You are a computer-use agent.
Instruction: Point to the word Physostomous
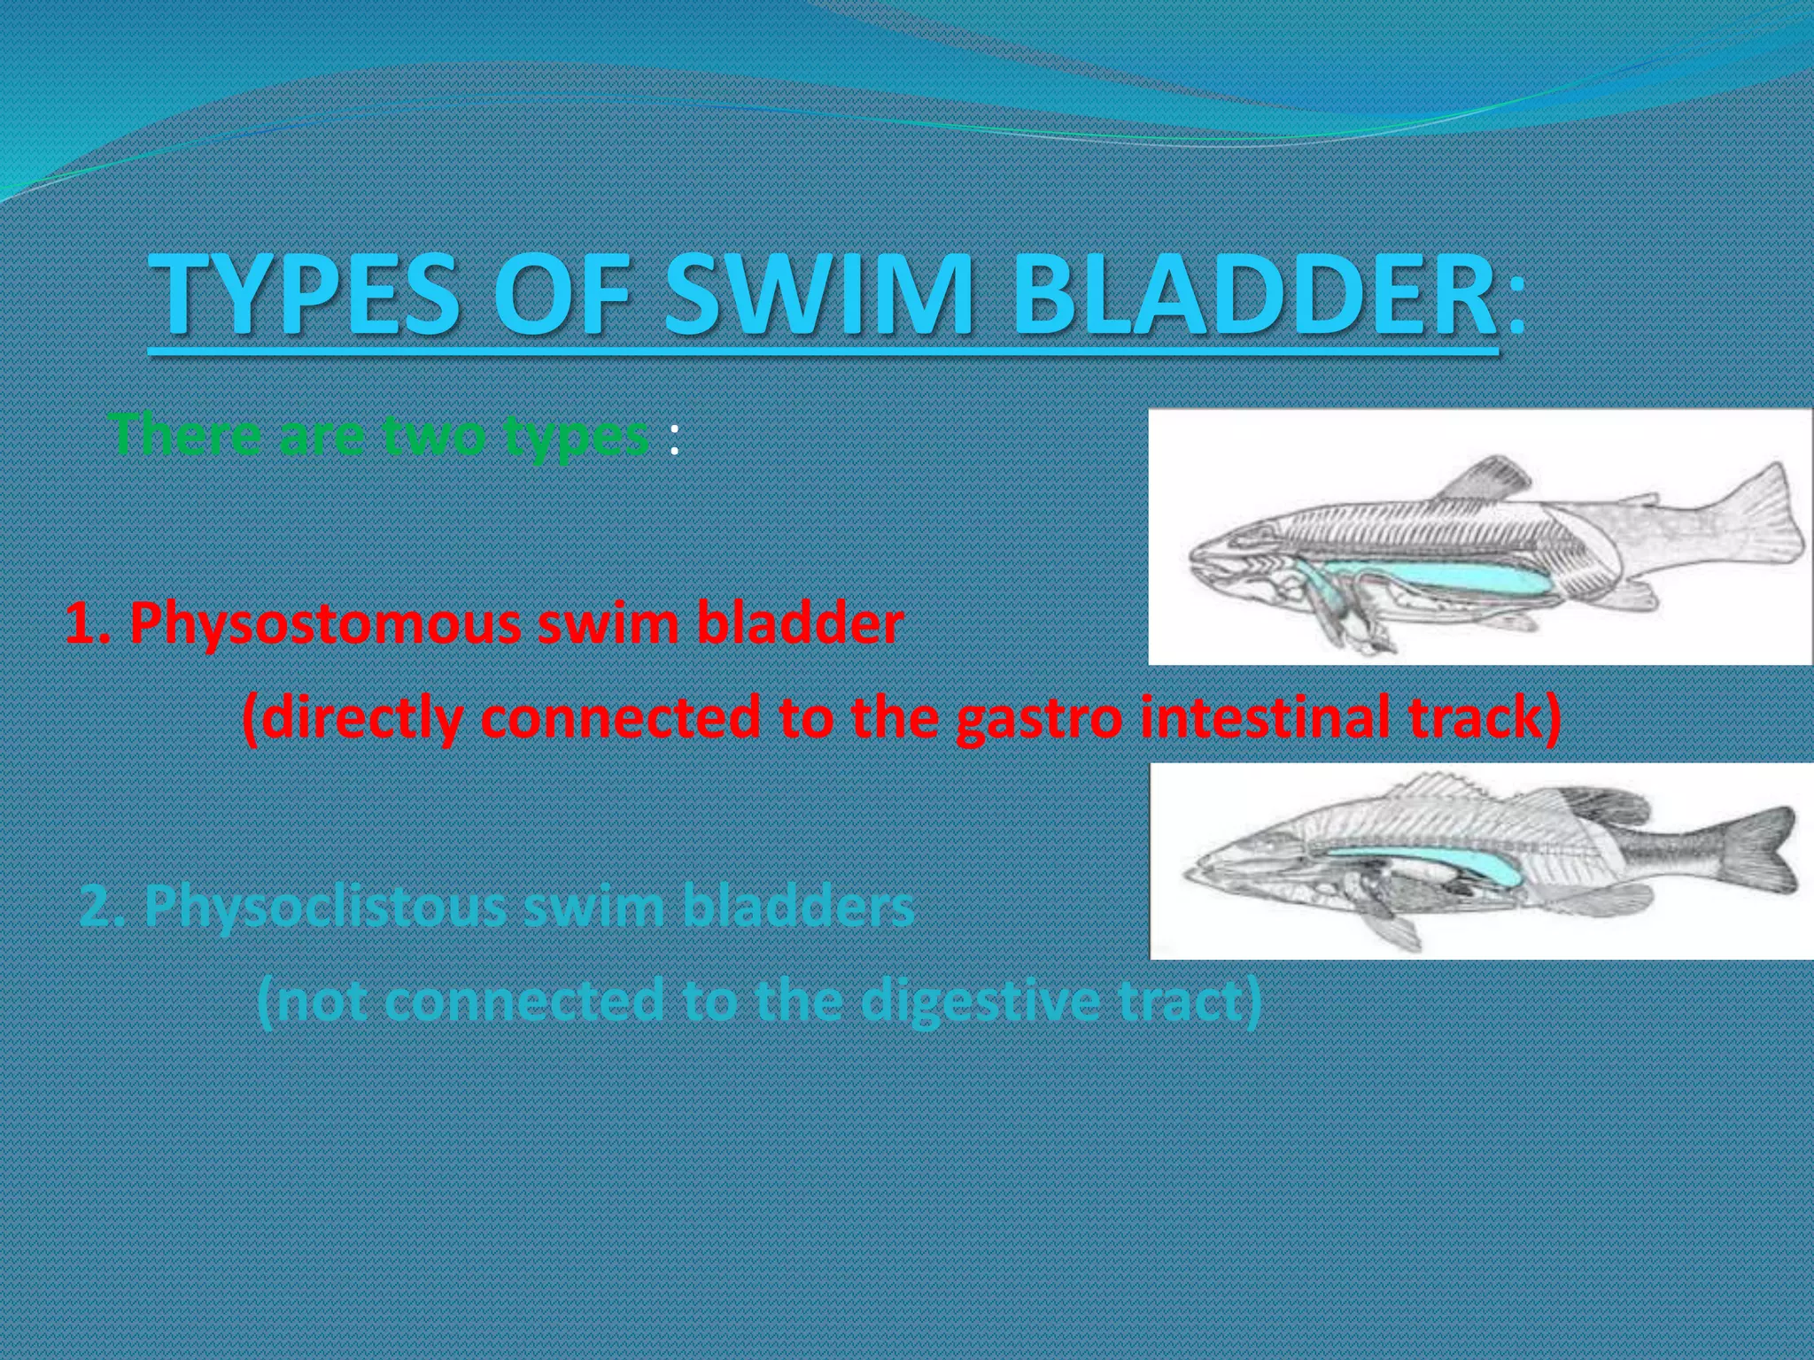point(319,625)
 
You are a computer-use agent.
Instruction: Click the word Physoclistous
point(327,908)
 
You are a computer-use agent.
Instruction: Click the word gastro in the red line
point(1042,719)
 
